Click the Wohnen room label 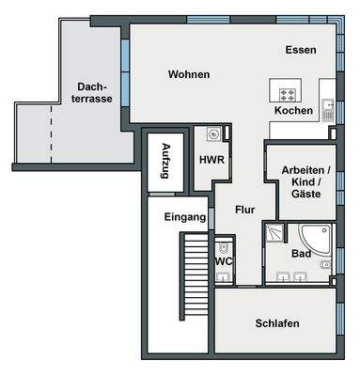pyautogui.click(x=189, y=74)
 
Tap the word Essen pyautogui.click(x=301, y=50)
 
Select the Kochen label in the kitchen pyautogui.click(x=293, y=111)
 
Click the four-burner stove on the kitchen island pyautogui.click(x=288, y=95)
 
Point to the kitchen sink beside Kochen pyautogui.click(x=328, y=110)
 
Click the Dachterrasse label pyautogui.click(x=92, y=93)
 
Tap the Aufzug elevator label pyautogui.click(x=165, y=161)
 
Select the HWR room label pyautogui.click(x=211, y=160)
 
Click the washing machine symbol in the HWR pyautogui.click(x=213, y=134)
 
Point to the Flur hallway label pyautogui.click(x=245, y=210)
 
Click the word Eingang pyautogui.click(x=185, y=217)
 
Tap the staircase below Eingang pyautogui.click(x=194, y=276)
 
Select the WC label pyautogui.click(x=224, y=261)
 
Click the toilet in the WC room pyautogui.click(x=223, y=248)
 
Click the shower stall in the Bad pyautogui.click(x=274, y=232)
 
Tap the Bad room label pyautogui.click(x=301, y=254)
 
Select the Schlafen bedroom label pyautogui.click(x=277, y=323)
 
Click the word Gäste pyautogui.click(x=306, y=194)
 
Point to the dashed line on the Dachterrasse pyautogui.click(x=51, y=134)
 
